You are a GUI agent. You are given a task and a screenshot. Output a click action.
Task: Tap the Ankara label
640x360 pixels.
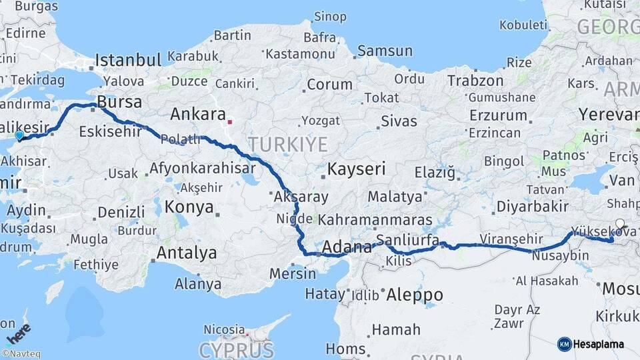click(x=198, y=114)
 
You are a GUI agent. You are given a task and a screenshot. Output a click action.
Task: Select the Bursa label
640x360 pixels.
click(x=119, y=102)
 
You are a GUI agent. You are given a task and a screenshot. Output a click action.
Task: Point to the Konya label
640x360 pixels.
click(x=189, y=207)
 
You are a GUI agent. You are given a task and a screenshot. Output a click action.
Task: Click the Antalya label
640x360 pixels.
click(x=187, y=253)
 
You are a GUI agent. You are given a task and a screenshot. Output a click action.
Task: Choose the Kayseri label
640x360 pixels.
click(x=356, y=168)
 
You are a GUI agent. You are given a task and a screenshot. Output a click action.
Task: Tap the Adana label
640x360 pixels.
click(x=347, y=248)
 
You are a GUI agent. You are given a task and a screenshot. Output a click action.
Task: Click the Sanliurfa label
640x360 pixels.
click(x=407, y=239)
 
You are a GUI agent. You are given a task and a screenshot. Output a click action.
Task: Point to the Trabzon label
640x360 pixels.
click(x=475, y=81)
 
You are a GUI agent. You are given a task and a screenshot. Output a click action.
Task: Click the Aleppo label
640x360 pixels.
click(x=415, y=295)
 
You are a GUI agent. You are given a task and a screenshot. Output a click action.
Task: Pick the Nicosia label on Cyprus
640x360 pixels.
click(x=224, y=329)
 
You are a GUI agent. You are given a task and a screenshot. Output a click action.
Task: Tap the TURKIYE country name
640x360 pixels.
click(x=288, y=144)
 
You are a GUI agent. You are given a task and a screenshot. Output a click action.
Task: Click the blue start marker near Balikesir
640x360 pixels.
click(x=19, y=135)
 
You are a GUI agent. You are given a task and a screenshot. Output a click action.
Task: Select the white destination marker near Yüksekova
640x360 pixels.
click(x=620, y=224)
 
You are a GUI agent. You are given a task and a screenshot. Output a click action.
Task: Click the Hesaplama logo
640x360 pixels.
click(x=592, y=344)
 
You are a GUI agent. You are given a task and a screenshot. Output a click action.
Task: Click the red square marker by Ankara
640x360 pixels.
click(x=230, y=122)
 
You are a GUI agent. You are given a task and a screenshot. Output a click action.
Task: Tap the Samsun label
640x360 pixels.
click(x=385, y=51)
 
